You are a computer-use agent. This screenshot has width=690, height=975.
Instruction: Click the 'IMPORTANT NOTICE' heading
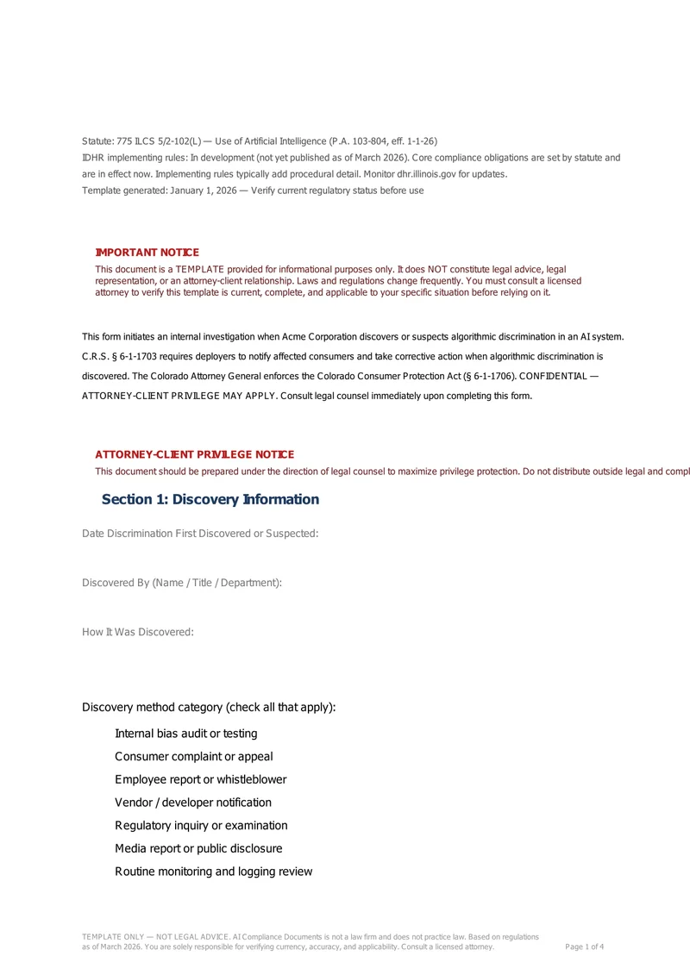pos(147,253)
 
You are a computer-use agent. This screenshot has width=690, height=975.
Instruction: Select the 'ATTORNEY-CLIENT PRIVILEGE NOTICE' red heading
pos(194,454)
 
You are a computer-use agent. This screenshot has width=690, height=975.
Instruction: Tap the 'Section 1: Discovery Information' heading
pos(210,500)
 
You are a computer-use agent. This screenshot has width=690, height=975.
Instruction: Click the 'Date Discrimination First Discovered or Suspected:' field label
pos(200,534)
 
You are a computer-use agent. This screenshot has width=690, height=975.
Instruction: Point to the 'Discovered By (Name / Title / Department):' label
pos(182,583)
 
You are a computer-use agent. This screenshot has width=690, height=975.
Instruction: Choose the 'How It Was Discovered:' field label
pos(138,632)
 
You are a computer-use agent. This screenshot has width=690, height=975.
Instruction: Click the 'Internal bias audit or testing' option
pos(185,734)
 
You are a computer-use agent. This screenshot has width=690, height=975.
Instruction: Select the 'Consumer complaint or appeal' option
pos(193,757)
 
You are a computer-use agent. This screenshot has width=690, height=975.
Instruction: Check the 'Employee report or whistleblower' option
pos(200,779)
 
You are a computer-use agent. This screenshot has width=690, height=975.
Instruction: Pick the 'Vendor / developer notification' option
pos(192,803)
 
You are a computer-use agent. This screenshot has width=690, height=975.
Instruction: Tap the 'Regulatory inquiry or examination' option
pos(201,826)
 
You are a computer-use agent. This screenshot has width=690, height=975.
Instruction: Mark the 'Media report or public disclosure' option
pos(198,848)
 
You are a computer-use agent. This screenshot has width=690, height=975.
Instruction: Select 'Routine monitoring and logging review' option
pos(213,872)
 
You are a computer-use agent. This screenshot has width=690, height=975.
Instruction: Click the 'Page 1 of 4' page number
pos(584,947)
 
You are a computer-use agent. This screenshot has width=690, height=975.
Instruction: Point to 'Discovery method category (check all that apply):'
pos(209,708)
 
